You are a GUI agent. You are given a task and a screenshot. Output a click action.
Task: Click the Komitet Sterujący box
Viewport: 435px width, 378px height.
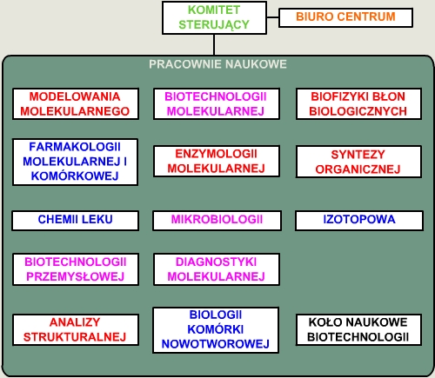point(214,17)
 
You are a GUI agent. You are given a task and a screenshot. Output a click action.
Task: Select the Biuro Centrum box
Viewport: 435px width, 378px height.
point(345,17)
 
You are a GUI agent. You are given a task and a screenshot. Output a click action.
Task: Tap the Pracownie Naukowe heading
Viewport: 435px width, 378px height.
point(217,64)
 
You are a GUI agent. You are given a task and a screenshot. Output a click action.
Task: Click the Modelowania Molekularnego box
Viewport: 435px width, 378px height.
point(76,103)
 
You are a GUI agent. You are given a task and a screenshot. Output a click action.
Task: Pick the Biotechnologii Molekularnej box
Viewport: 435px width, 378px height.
point(217,103)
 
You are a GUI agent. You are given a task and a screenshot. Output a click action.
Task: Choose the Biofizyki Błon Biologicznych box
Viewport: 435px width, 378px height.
point(358,103)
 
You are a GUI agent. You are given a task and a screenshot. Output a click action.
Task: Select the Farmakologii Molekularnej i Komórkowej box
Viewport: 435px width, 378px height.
point(75,162)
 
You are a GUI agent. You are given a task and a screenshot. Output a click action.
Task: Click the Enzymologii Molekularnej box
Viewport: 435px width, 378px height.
point(217,161)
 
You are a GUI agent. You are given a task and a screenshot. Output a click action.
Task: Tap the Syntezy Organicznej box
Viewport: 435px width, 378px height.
point(358,162)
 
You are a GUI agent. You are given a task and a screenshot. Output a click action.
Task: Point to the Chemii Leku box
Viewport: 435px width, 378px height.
point(76,221)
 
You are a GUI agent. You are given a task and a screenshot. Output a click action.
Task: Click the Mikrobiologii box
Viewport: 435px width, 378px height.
point(217,221)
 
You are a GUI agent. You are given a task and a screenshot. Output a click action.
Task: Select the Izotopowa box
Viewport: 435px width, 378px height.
point(359,221)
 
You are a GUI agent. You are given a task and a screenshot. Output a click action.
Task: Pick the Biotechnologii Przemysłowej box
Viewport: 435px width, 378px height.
point(76,269)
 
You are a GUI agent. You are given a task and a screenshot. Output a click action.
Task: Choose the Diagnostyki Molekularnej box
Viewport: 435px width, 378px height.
point(217,269)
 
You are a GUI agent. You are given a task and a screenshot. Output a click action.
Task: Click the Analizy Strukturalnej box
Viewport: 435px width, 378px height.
point(76,329)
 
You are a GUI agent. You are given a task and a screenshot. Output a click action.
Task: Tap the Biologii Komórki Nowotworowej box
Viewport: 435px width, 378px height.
point(216,330)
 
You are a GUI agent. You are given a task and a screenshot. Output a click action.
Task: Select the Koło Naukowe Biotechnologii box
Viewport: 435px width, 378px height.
point(358,329)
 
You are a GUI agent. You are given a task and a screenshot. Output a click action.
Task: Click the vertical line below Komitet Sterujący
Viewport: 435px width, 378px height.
point(214,44)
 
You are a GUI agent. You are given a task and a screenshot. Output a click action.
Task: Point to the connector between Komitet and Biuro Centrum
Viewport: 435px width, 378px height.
point(272,17)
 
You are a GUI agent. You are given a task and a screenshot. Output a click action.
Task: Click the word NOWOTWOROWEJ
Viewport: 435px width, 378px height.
point(216,344)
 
